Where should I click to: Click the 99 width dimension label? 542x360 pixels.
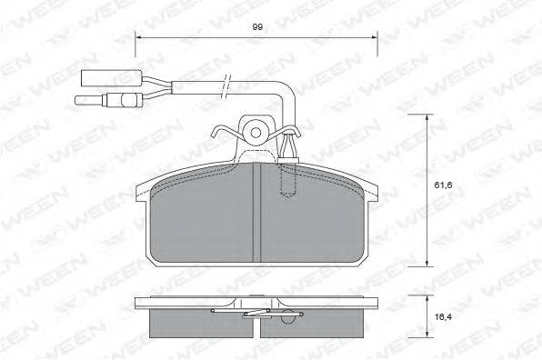(x=257, y=27)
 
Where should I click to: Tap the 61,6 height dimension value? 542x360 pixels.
(x=443, y=185)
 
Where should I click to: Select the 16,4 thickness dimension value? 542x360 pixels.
(x=443, y=316)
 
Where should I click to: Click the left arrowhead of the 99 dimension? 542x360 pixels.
(x=138, y=36)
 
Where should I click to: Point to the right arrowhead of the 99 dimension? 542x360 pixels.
(x=374, y=36)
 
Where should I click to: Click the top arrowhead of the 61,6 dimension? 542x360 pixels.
(x=427, y=117)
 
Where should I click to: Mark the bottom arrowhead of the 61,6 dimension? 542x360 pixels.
(x=427, y=263)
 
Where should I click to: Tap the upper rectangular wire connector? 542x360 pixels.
(x=111, y=78)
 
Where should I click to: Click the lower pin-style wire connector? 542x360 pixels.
(x=109, y=100)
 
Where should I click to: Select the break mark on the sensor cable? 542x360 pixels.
(x=226, y=85)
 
